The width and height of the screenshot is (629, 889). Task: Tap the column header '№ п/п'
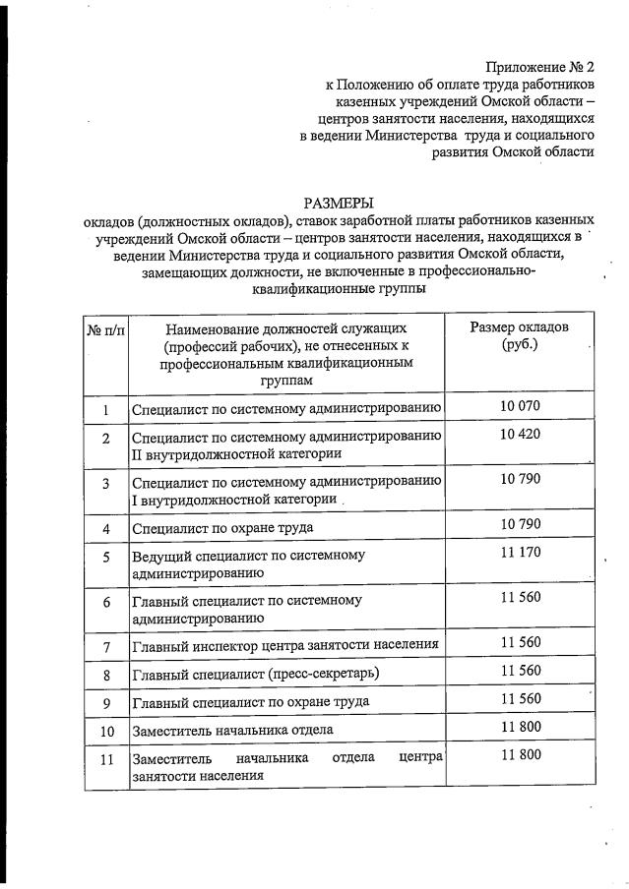click(x=104, y=327)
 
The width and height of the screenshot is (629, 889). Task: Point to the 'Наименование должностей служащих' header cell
click(x=285, y=354)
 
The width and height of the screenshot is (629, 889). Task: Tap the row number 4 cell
click(x=105, y=528)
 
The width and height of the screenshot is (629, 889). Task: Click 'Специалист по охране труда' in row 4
click(x=222, y=528)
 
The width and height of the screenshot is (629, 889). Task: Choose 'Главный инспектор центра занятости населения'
click(x=285, y=646)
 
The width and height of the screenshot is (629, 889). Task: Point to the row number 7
click(x=105, y=646)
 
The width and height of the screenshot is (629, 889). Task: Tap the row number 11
click(x=105, y=760)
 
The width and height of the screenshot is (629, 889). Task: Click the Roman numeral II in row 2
click(x=137, y=453)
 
